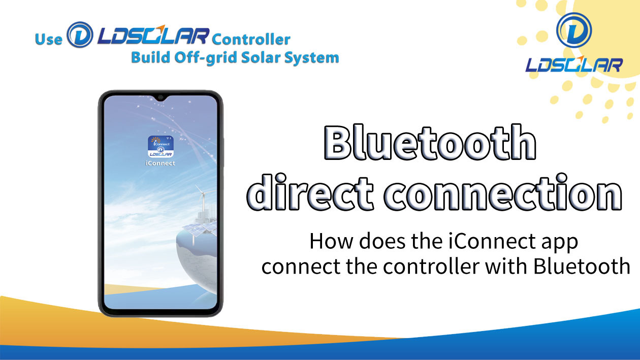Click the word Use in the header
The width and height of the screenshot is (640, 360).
coord(49,40)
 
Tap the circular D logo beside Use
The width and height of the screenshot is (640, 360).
coord(80,35)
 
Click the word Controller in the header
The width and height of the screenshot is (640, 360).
coord(251,40)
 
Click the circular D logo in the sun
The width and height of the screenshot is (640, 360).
coord(574,30)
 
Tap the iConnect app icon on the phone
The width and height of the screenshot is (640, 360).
coord(161,147)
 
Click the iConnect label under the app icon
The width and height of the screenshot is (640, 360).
coord(161,163)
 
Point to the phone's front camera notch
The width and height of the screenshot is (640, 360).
coord(161,97)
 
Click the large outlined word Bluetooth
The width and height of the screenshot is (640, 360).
coord(430,142)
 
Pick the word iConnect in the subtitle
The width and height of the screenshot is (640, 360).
coord(492,242)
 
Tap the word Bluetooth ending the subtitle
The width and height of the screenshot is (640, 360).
coord(582,266)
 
